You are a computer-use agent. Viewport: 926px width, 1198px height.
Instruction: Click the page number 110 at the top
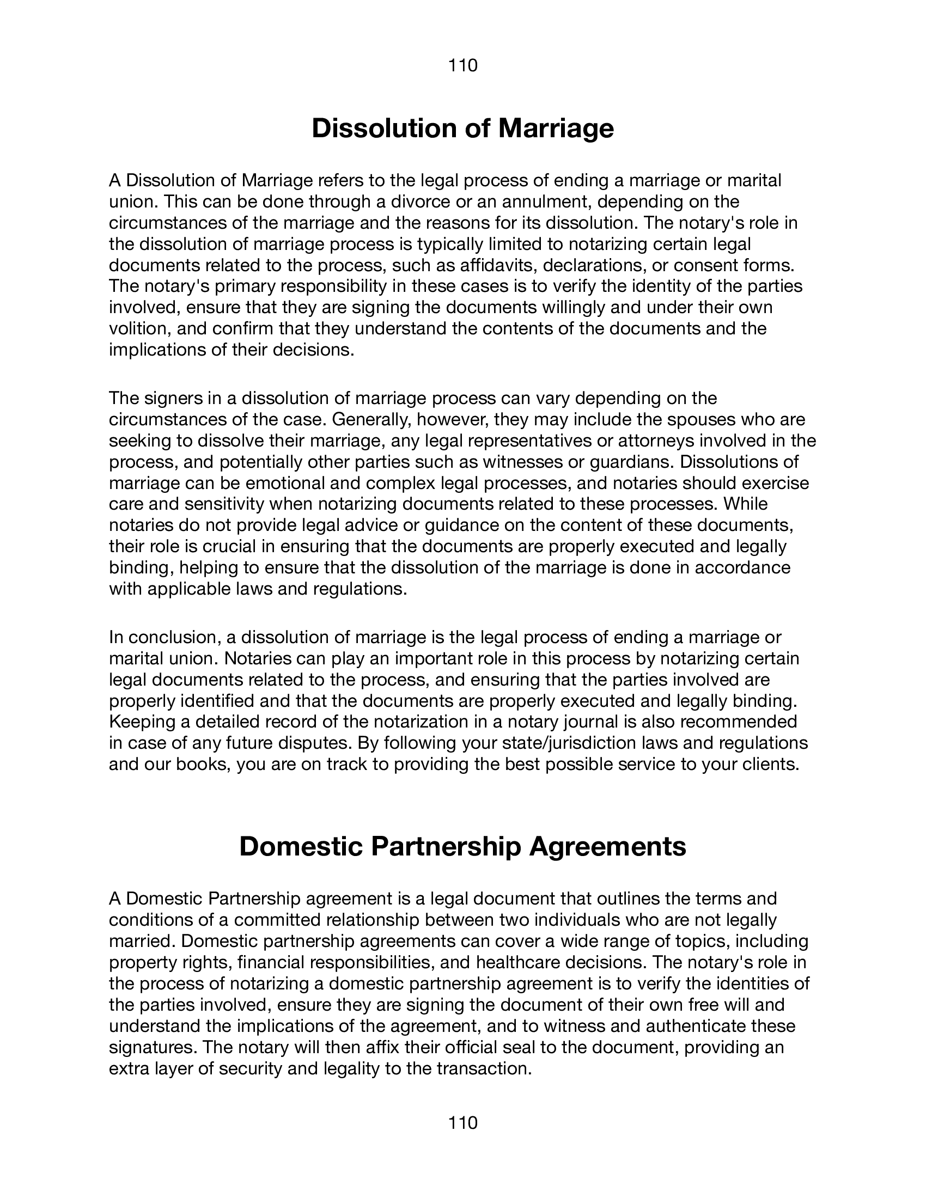click(463, 66)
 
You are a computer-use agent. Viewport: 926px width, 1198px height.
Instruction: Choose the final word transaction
click(484, 1068)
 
